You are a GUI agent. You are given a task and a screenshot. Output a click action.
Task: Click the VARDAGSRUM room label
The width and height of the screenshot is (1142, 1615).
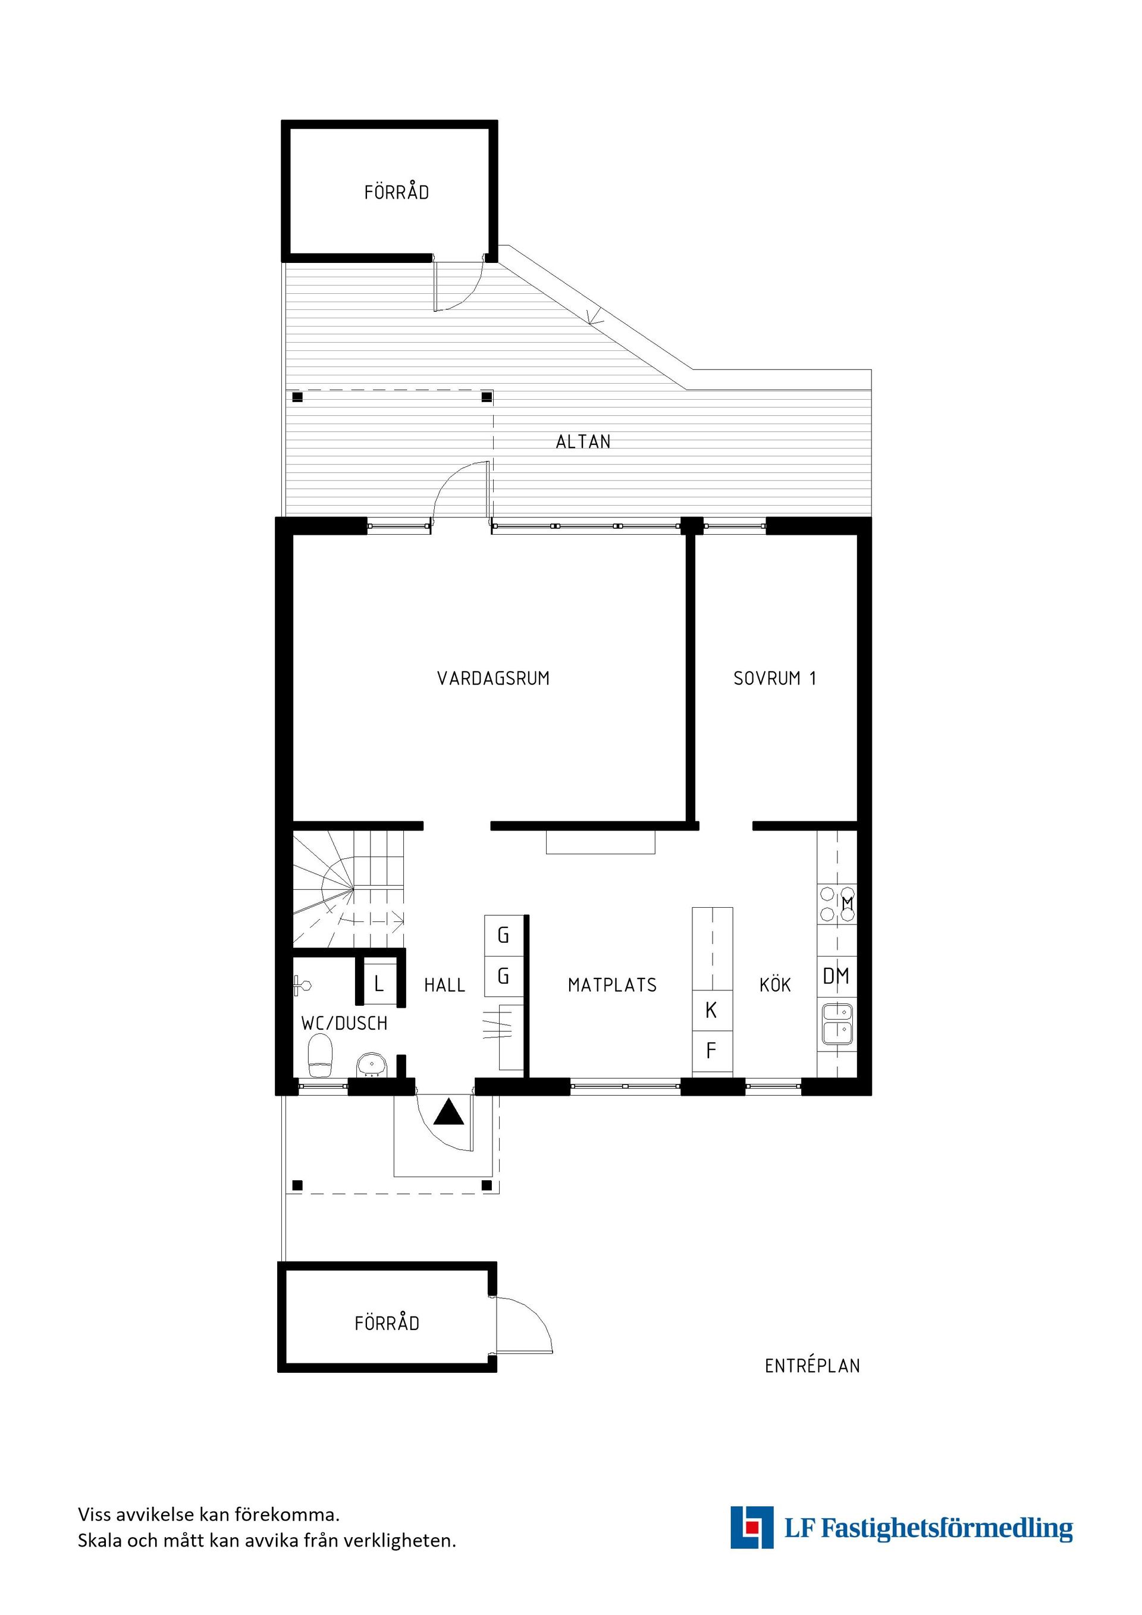pyautogui.click(x=493, y=678)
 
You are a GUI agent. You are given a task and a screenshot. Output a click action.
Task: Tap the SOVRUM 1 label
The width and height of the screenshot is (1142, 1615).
pyautogui.click(x=774, y=678)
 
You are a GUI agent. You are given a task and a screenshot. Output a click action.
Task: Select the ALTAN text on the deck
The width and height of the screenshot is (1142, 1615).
pyautogui.click(x=583, y=442)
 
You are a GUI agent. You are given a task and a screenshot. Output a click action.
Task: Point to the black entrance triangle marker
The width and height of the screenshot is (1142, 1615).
pyautogui.click(x=448, y=1114)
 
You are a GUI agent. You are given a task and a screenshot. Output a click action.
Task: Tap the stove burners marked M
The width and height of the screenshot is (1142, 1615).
pyautogui.click(x=836, y=904)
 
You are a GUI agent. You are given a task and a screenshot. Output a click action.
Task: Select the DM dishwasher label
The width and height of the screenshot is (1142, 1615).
pyautogui.click(x=836, y=976)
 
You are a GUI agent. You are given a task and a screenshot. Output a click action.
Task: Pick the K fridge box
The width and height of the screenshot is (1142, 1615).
pyautogui.click(x=711, y=1011)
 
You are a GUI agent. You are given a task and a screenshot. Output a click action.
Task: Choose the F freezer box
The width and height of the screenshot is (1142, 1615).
pyautogui.click(x=711, y=1051)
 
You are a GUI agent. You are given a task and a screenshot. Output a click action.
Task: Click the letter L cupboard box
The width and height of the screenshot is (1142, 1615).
pyautogui.click(x=379, y=983)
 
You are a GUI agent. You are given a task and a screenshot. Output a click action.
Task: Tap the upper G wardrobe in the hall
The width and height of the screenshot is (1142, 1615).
pyautogui.click(x=504, y=936)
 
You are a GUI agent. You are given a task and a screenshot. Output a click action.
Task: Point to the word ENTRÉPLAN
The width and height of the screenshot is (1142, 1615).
pyautogui.click(x=812, y=1366)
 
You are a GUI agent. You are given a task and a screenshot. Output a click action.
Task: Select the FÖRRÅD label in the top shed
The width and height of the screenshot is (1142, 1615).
pyautogui.click(x=397, y=192)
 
